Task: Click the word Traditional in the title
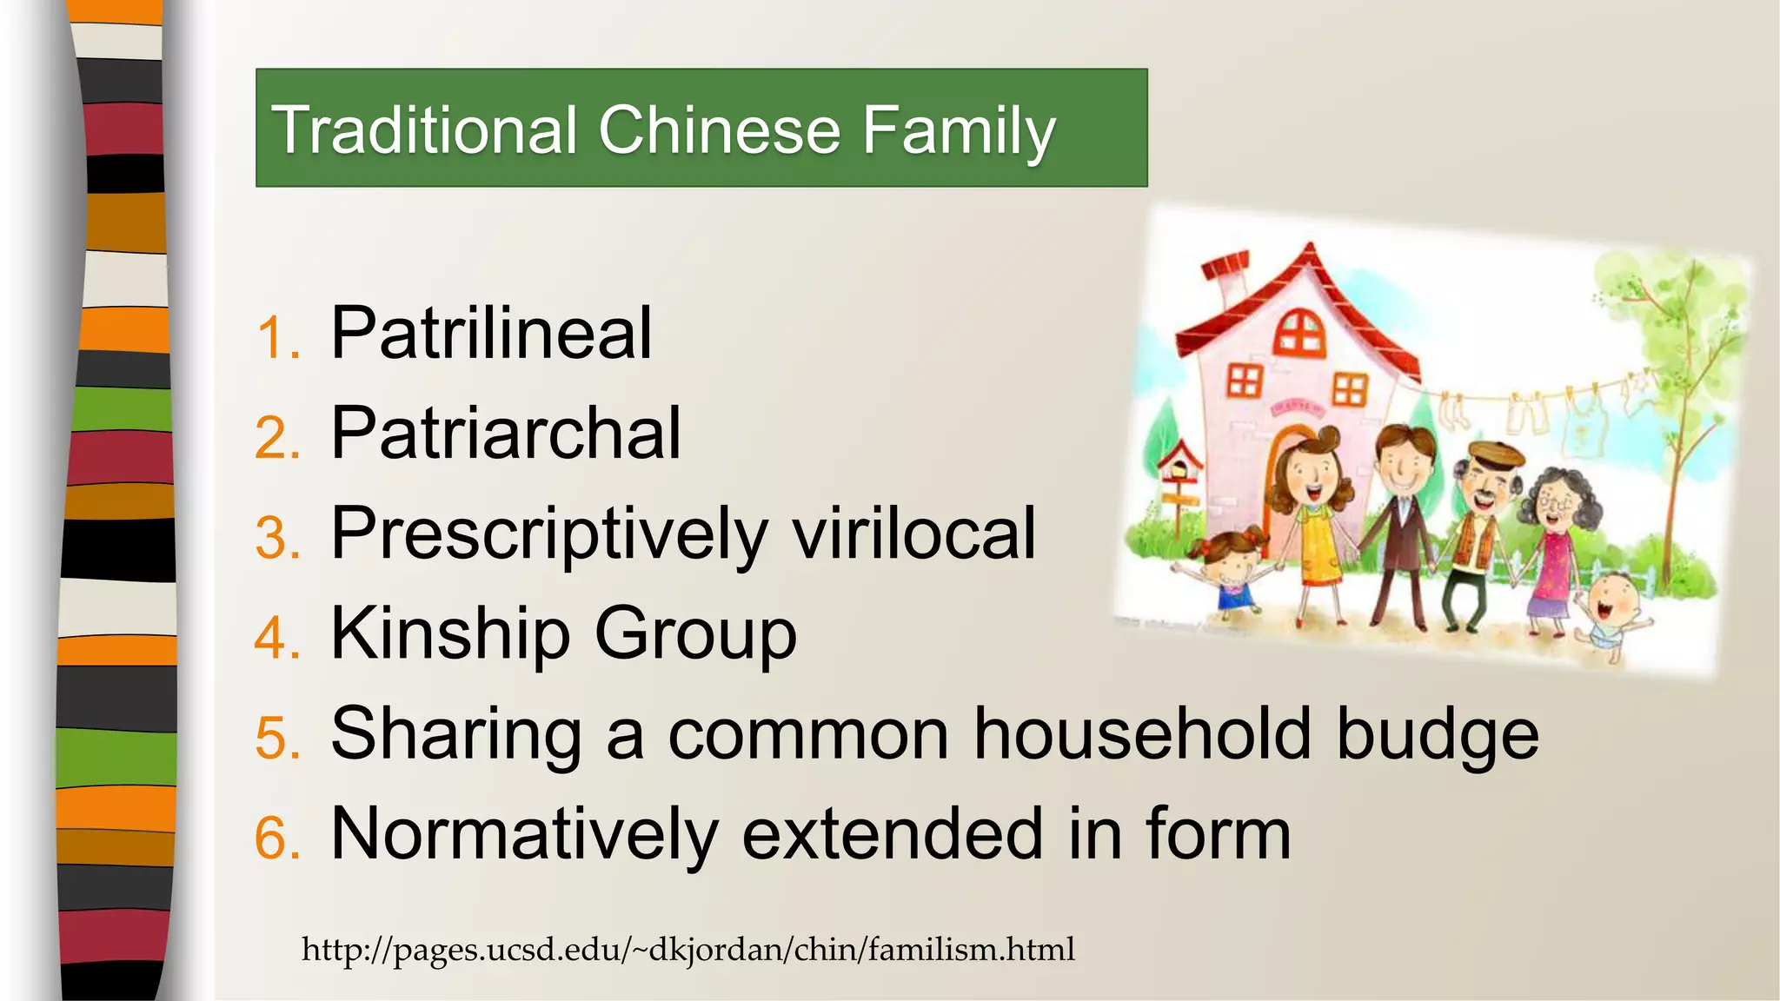tap(423, 130)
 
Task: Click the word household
tap(1141, 734)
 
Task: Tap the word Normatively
tap(524, 834)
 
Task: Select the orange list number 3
tap(277, 538)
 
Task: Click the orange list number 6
tap(277, 839)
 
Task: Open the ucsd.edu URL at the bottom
tap(687, 950)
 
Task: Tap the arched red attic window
tap(1299, 333)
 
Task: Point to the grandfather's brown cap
tap(1496, 454)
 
